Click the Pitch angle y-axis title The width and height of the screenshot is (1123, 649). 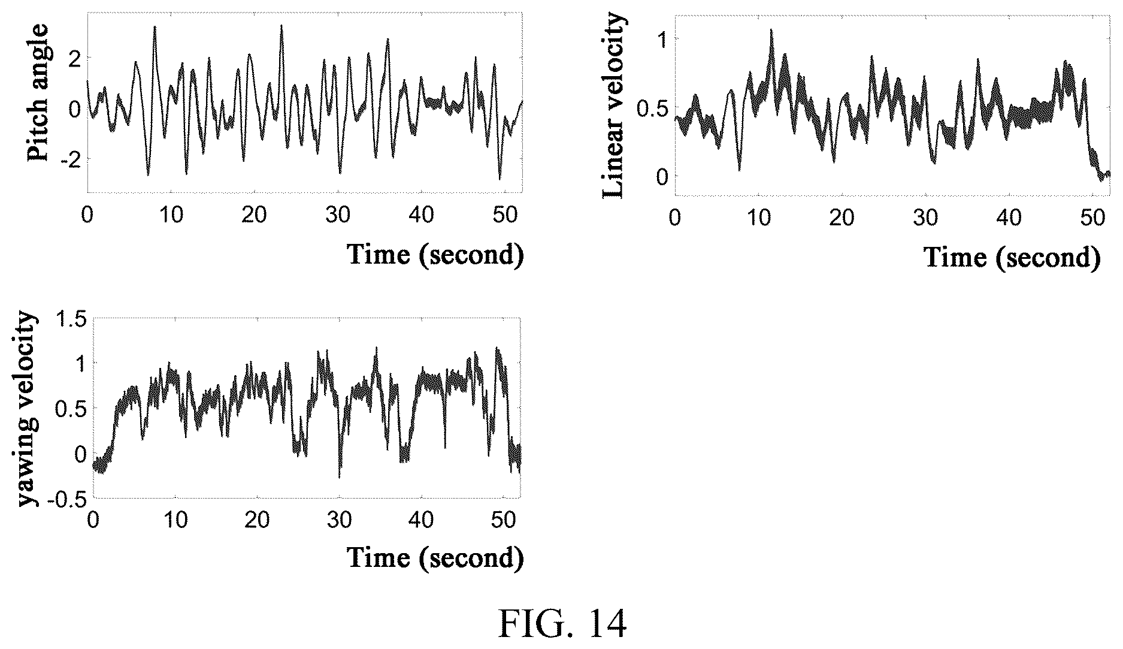pyautogui.click(x=38, y=93)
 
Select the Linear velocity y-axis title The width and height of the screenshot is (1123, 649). pyautogui.click(x=615, y=107)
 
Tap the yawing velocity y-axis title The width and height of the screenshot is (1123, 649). pyautogui.click(x=26, y=409)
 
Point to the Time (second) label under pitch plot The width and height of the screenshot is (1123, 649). pyautogui.click(x=435, y=254)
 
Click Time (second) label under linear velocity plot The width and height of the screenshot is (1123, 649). pyautogui.click(x=1013, y=257)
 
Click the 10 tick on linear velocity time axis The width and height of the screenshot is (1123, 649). pyautogui.click(x=759, y=216)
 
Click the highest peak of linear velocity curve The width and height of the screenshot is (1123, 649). pyautogui.click(x=771, y=29)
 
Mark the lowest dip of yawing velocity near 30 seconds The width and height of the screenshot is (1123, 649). pyautogui.click(x=340, y=477)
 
